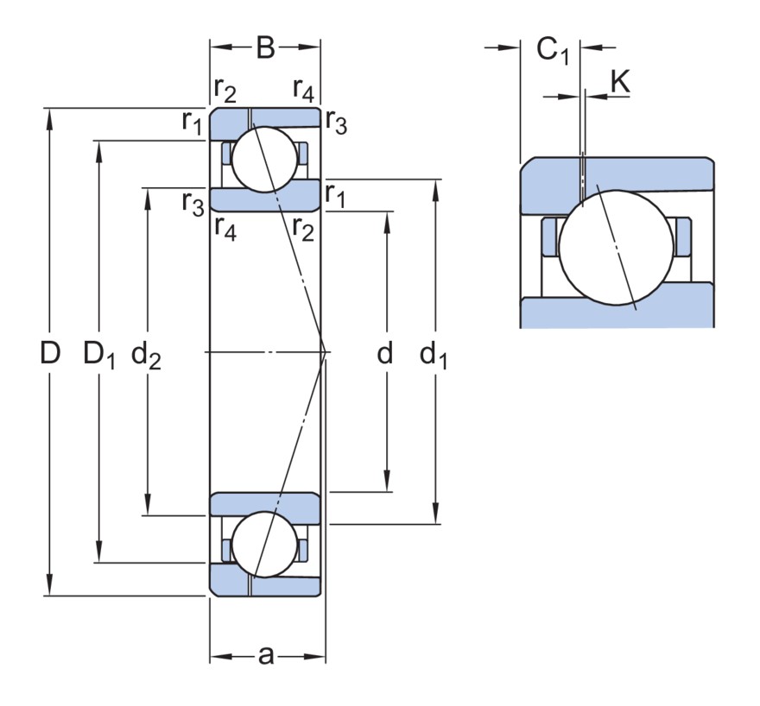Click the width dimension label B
tap(265, 48)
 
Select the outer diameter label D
tap(50, 352)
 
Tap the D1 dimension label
tap(99, 355)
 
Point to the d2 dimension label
tap(146, 356)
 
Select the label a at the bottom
tap(266, 656)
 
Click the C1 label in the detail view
tap(553, 51)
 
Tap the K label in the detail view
tap(620, 81)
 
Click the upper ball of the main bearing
tap(264, 160)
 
